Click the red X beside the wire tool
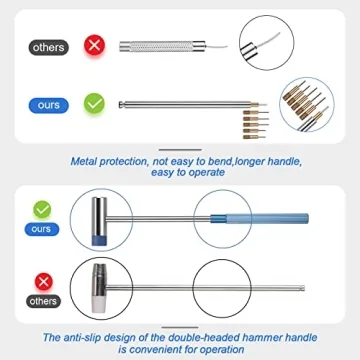tap(95, 45)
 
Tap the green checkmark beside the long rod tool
tap(95, 102)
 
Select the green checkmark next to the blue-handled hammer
tap(41, 210)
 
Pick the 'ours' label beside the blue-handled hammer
tap(41, 229)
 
